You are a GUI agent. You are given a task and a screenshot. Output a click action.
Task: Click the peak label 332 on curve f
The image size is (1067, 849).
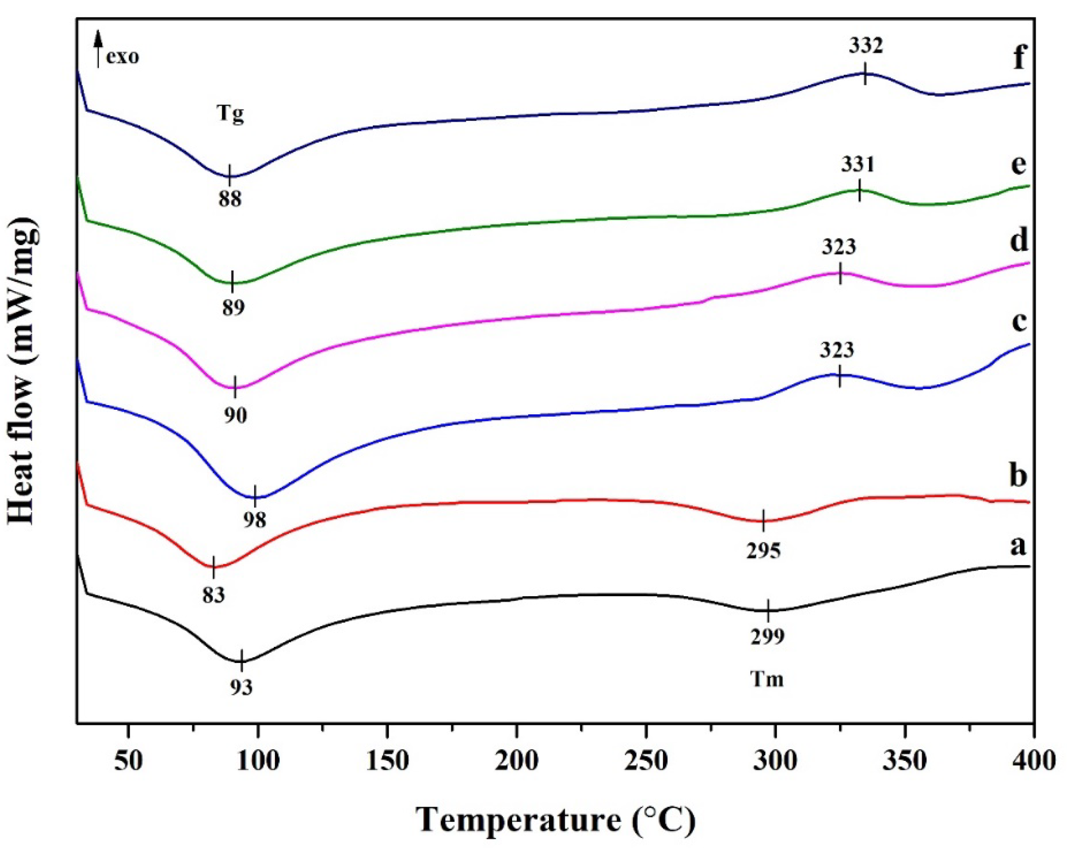coord(865,47)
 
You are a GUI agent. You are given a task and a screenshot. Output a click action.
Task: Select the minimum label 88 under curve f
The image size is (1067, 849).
coord(230,199)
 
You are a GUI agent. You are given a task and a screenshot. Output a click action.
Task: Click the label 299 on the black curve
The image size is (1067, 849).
coord(768,637)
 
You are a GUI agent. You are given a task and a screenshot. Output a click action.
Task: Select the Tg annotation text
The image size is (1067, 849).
coord(231,115)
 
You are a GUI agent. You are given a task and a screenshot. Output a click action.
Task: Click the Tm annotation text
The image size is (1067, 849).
coord(767,679)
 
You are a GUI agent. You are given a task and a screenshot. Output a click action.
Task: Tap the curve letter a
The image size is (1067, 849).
coord(1018,547)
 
